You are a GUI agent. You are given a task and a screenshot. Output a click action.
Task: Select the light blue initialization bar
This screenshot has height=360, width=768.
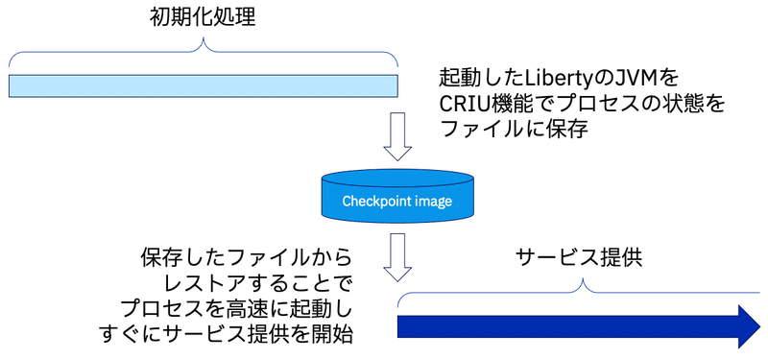pos(203,85)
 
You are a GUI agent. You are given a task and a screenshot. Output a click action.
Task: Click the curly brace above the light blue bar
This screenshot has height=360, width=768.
pos(203,54)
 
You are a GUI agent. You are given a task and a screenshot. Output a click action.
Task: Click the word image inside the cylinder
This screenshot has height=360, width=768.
pos(430,202)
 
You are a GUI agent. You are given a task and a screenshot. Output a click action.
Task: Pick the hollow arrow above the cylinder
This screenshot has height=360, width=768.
pos(396,137)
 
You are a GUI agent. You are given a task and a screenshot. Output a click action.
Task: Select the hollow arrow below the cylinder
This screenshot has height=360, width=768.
pos(396,254)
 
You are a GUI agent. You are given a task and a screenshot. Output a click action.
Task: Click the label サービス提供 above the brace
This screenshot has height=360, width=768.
pos(579,256)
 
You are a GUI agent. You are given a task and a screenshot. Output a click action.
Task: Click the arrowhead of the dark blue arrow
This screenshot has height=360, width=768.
pos(746,326)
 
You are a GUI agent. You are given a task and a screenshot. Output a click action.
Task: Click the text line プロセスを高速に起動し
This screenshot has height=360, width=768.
pos(236,309)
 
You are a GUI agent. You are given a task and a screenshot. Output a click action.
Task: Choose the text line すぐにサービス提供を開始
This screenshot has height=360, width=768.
pos(227,335)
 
